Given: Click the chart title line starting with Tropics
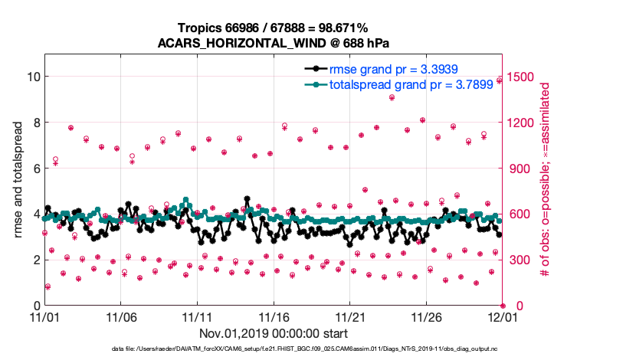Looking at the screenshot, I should (273, 28).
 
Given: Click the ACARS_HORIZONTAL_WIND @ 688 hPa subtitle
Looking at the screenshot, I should (273, 42).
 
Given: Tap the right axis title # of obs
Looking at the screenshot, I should (546, 180).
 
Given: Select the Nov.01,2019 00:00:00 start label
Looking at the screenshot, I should (274, 334).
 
